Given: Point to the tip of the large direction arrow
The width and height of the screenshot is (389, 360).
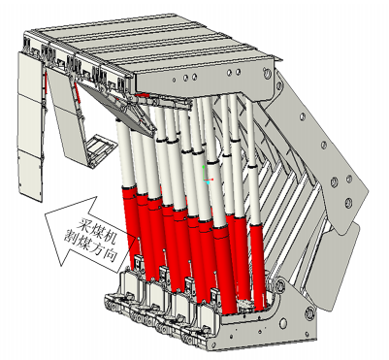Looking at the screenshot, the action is coord(45,213).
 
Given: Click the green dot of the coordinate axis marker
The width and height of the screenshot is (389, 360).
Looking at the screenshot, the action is coord(204,167).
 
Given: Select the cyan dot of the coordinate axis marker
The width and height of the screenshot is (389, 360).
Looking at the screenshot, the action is coord(208,182).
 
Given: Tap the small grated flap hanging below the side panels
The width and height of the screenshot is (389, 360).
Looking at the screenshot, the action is coord(99,148).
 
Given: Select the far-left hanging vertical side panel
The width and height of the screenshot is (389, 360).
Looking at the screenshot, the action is coord(30,126).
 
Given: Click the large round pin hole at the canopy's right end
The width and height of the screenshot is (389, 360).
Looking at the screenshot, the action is coord(267,74).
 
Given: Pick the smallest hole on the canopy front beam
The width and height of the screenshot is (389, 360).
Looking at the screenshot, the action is coord(174,80).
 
